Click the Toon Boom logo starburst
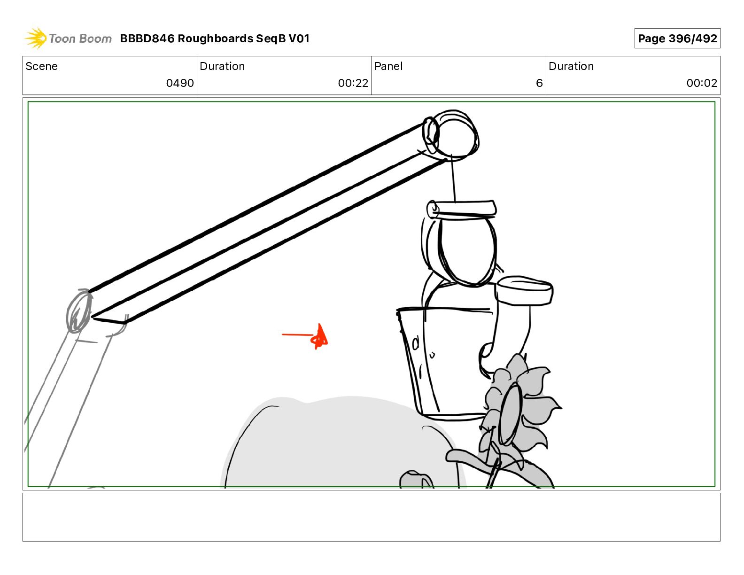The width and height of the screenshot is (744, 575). tap(36, 38)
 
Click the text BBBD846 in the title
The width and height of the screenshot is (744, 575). tap(147, 39)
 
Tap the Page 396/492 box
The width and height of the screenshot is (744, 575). tap(677, 39)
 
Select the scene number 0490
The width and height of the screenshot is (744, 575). tap(180, 83)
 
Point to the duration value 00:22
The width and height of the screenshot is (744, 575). tap(353, 83)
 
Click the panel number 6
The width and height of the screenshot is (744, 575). tap(539, 83)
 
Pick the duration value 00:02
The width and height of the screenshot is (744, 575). tap(702, 83)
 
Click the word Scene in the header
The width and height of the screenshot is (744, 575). tap(41, 66)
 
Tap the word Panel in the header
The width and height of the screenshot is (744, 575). tap(388, 66)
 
